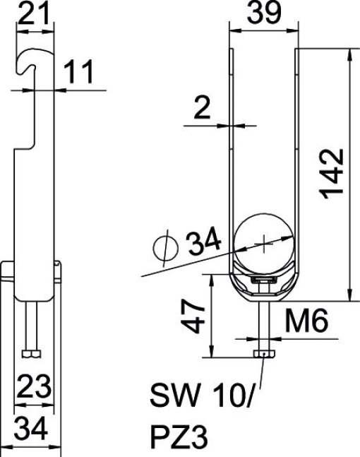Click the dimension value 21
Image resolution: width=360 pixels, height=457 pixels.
(34, 13)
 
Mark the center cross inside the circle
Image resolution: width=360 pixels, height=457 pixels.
(264, 245)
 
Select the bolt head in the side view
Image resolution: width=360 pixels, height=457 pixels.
(32, 352)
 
